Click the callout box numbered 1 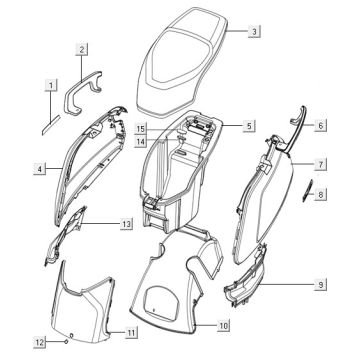tap(51, 86)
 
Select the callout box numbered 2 tap(82, 50)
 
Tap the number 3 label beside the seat tap(254, 32)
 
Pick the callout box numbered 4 tap(40, 169)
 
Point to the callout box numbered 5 tap(249, 126)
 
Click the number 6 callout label tap(321, 125)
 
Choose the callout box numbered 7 tap(321, 164)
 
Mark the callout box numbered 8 tap(321, 194)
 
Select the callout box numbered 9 tap(321, 284)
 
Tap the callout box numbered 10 tap(224, 325)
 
